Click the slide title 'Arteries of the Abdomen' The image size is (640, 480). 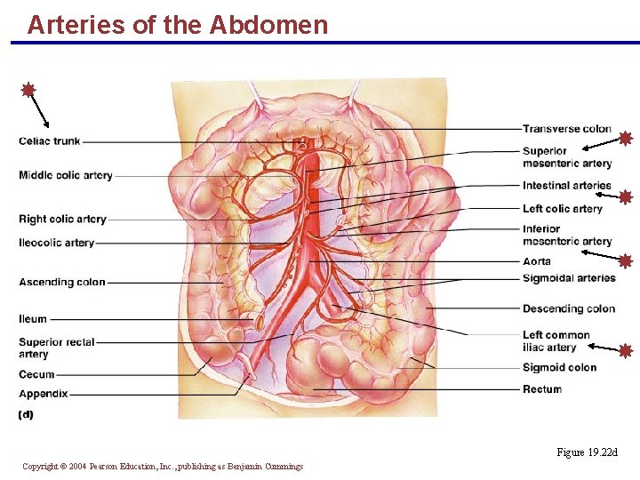(177, 25)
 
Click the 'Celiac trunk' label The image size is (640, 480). (49, 141)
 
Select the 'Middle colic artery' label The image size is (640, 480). (65, 176)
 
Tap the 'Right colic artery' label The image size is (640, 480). (62, 220)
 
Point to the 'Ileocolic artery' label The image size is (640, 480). (56, 243)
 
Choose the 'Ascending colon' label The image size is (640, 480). (61, 283)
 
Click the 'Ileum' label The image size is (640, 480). (33, 319)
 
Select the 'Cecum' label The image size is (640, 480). (36, 375)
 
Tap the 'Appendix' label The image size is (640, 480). (43, 393)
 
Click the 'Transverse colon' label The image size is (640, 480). (566, 129)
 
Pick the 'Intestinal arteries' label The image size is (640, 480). (566, 186)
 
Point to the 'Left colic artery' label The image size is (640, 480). (562, 209)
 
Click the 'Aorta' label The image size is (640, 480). (536, 261)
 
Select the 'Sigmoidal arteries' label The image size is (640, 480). (569, 278)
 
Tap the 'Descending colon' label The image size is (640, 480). (568, 309)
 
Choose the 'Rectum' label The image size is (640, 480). (541, 389)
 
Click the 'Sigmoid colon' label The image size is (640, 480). (559, 368)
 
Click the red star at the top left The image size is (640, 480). (28, 90)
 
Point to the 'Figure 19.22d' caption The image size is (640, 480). (586, 453)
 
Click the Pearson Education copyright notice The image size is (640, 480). (163, 467)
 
